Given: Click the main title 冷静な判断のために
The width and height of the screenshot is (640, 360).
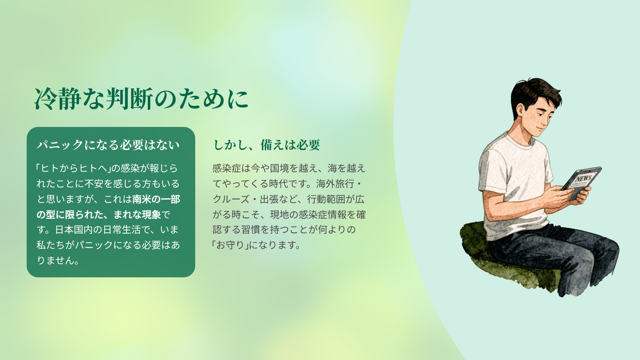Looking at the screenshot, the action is point(141,99).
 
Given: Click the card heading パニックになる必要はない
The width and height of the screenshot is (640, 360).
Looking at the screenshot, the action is point(108,145).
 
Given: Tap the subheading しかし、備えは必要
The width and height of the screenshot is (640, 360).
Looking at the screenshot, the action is point(267,145).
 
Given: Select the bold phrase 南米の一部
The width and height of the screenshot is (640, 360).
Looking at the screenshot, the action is point(156,199).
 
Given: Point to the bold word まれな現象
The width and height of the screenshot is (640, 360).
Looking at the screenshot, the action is point(137,214).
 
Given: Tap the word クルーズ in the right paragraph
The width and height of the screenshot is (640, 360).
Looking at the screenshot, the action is point(231,199).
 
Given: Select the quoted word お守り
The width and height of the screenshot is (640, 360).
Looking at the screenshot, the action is point(230,245).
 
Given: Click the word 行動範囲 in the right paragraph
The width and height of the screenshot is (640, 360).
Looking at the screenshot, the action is point(326,199).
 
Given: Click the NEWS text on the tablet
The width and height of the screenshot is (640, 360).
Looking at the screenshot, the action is point(583,179).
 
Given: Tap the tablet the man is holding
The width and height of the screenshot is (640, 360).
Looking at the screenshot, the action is point(581,183).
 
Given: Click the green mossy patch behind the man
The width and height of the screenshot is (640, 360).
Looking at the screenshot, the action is point(480,251).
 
